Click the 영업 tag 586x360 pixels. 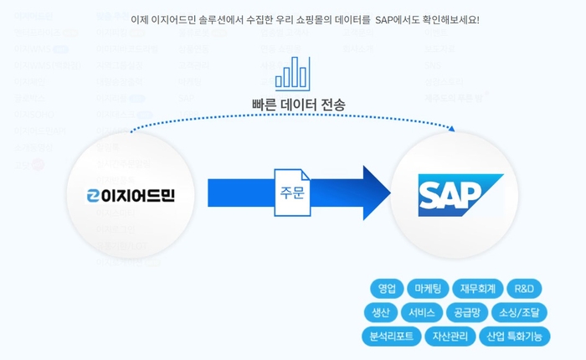[x=387, y=289]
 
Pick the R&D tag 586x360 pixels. [x=524, y=289]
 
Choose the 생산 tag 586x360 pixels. [x=381, y=313]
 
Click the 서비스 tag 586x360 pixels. [x=422, y=313]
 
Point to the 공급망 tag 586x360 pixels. [x=466, y=313]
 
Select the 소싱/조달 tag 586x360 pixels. [x=518, y=313]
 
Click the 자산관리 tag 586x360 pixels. [x=450, y=337]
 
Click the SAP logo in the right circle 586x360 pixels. [x=460, y=195]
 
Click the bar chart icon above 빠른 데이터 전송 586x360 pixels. [x=292, y=74]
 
